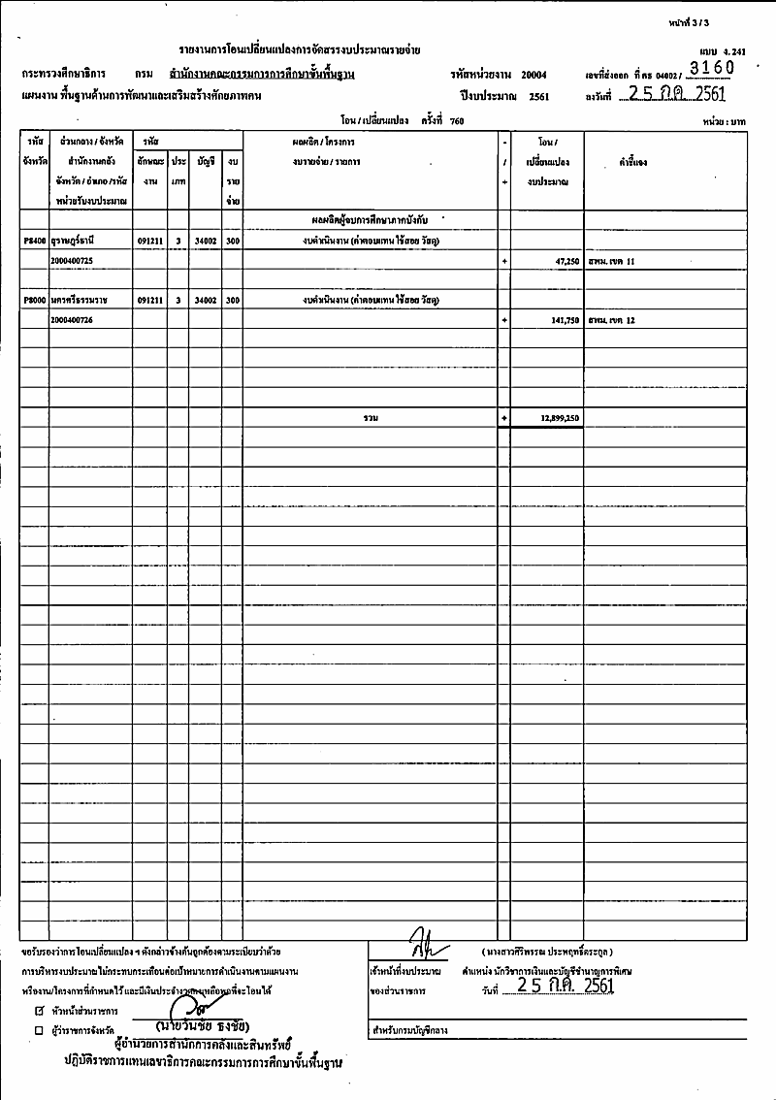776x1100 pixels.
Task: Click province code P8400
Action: pyautogui.click(x=34, y=239)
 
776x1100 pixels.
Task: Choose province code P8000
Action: pyautogui.click(x=34, y=301)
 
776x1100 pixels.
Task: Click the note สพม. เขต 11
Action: pyautogui.click(x=610, y=262)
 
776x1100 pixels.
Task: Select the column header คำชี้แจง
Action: pyautogui.click(x=631, y=162)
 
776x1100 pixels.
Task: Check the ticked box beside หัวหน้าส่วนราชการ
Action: pyautogui.click(x=39, y=1010)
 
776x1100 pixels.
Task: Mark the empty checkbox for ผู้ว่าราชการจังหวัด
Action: pyautogui.click(x=39, y=1028)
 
